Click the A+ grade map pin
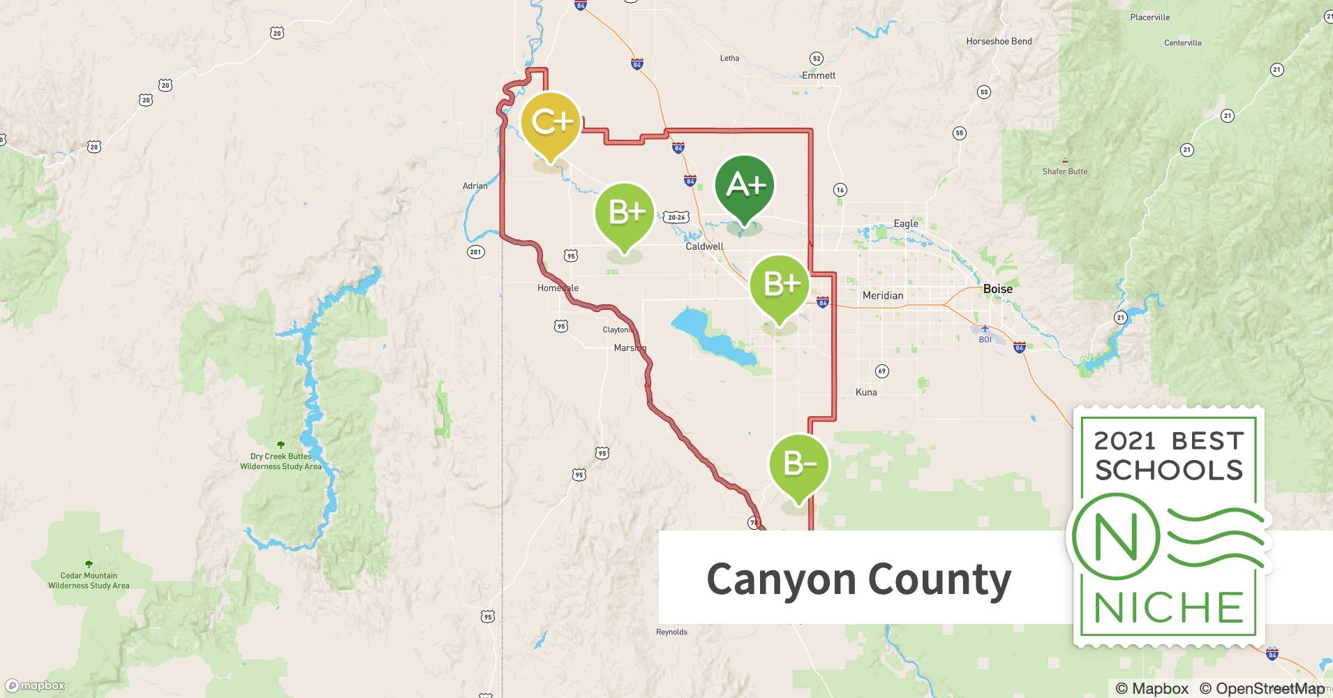pos(745,186)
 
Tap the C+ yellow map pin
pos(551,123)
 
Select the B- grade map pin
pos(798,464)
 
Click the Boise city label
pos(997,288)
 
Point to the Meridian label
pos(882,295)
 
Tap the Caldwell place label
pos(704,246)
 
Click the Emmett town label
pos(819,75)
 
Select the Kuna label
pos(866,392)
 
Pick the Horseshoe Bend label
pos(999,41)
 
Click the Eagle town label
pos(906,223)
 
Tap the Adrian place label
pos(475,186)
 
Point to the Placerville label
pos(1149,17)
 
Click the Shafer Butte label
pos(1064,171)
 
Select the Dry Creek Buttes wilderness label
pos(281,461)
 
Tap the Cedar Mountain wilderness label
pos(89,580)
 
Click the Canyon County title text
pos(858,579)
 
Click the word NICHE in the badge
pos(1169,607)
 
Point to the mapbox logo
pos(36,685)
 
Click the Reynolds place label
pos(671,632)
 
